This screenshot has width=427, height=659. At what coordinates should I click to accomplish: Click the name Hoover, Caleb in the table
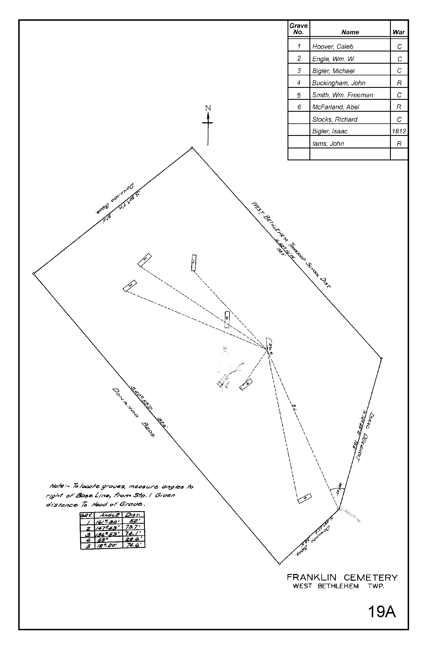tap(332, 47)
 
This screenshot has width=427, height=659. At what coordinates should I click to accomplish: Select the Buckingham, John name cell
tap(338, 83)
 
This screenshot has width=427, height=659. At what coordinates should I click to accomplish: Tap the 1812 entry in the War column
tap(399, 131)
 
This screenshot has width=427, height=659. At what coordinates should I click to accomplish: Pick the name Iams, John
tap(328, 144)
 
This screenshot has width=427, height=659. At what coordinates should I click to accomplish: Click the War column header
tap(399, 32)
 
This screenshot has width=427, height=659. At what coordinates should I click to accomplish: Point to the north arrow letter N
tap(208, 108)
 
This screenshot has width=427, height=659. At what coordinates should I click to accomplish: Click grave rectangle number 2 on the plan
tap(145, 260)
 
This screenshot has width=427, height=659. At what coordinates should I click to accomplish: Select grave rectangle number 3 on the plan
tap(130, 286)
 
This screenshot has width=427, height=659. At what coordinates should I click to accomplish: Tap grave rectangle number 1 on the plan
tap(194, 263)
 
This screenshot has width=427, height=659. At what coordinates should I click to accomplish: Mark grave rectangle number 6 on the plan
tap(227, 320)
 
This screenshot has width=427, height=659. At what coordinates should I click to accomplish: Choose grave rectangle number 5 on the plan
tap(305, 499)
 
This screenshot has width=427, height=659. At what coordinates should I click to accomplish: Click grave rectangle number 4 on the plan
tap(246, 384)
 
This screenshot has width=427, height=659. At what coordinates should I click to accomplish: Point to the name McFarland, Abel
tap(335, 107)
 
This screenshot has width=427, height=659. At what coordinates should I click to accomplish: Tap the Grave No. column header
tap(298, 29)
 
